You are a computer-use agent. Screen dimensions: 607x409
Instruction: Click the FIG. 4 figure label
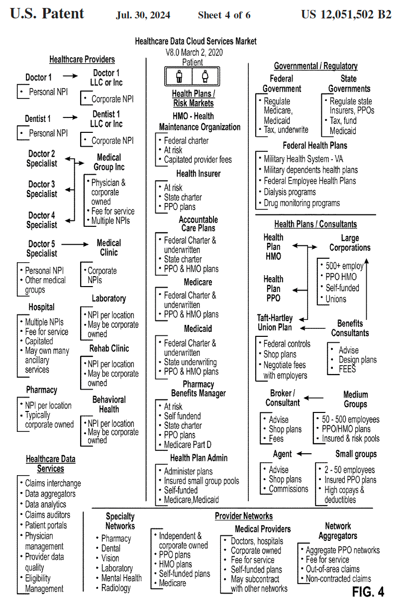click(368, 592)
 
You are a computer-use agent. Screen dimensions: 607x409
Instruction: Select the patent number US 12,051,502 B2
click(346, 14)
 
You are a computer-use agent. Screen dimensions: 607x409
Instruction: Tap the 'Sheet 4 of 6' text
click(224, 15)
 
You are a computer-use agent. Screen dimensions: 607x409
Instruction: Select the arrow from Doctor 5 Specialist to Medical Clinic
click(75, 244)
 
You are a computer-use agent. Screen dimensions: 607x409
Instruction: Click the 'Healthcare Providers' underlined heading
click(82, 60)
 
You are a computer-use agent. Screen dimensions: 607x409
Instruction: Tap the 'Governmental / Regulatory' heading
click(316, 66)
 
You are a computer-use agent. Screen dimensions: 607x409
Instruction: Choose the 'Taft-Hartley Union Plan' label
click(275, 322)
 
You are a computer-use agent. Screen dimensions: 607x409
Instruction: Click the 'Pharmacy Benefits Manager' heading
click(198, 389)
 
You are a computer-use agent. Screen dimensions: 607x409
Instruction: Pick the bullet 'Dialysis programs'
click(289, 192)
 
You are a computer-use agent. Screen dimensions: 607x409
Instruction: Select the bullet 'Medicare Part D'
click(188, 444)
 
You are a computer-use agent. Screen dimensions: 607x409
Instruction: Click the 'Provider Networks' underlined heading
click(244, 516)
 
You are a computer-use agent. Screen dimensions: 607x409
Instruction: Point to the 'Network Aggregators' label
click(338, 531)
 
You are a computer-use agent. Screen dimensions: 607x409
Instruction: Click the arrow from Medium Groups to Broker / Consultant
click(313, 398)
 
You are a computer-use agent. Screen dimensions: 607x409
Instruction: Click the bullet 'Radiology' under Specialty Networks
click(115, 588)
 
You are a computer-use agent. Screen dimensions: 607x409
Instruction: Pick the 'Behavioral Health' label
click(109, 404)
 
